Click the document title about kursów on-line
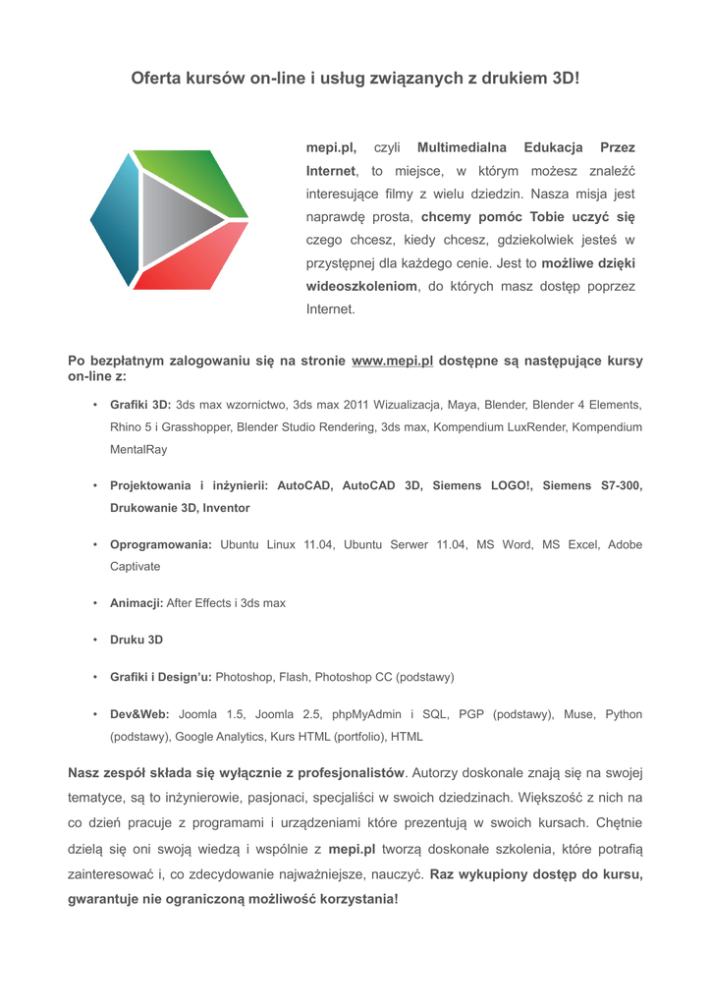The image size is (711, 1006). [355, 78]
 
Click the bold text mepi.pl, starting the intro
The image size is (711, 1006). [331, 147]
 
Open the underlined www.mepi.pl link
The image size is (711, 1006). [392, 361]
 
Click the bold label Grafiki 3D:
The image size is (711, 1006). [140, 405]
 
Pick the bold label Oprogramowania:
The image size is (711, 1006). [161, 544]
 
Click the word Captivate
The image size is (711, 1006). [135, 567]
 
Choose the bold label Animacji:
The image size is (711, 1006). [137, 603]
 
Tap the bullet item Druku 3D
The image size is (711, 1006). [137, 640]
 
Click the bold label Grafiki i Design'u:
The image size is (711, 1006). [161, 677]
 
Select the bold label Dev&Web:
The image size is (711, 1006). [139, 714]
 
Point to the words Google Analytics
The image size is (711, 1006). [220, 736]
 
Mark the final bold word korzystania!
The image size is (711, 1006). [351, 898]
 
